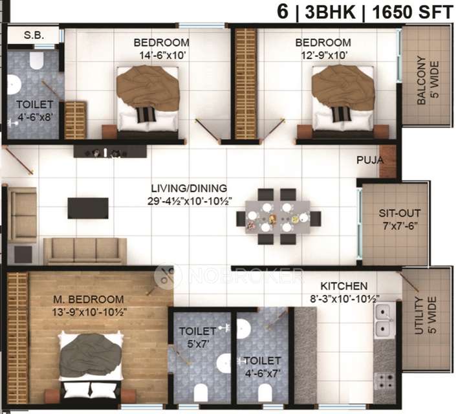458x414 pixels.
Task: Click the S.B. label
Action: coord(34,36)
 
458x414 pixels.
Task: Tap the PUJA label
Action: coord(370,160)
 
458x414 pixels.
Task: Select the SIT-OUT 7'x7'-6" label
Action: coord(400,219)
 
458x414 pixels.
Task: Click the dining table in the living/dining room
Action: coord(278,217)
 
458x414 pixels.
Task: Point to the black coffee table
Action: coord(88,208)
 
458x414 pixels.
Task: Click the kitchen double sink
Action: coord(383,320)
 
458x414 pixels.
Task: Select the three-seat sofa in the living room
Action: coord(85,251)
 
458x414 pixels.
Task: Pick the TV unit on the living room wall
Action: coord(110,151)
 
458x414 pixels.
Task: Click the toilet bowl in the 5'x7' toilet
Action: coord(201,392)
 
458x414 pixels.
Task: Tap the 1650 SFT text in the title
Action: coord(412,12)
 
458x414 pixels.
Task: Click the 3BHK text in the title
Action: coord(330,12)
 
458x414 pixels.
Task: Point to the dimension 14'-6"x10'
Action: coord(162,55)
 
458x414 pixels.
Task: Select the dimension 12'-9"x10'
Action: coord(324,55)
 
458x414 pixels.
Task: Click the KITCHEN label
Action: coord(344,286)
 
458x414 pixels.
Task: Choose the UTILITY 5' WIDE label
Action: coord(426,315)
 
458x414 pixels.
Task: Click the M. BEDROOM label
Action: coord(89,299)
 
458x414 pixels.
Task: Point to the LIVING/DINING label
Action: coord(189,188)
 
